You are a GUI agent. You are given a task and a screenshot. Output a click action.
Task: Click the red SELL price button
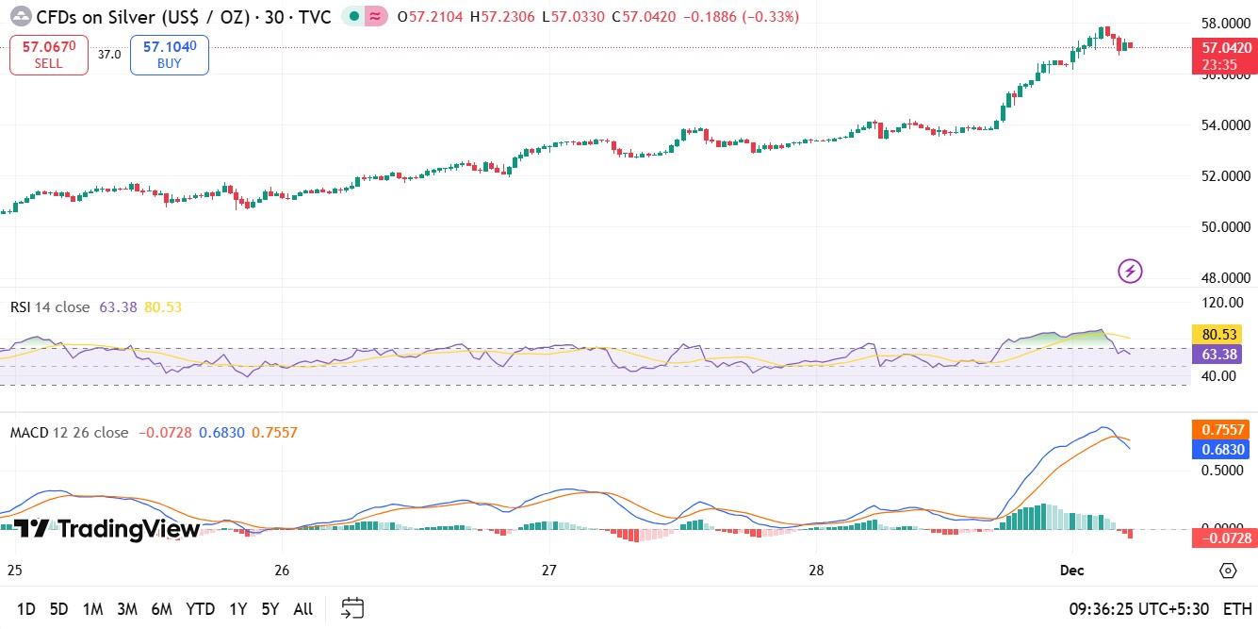49,55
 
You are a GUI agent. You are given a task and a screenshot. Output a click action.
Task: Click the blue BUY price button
170,55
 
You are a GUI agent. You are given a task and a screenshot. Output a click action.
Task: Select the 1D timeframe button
26,609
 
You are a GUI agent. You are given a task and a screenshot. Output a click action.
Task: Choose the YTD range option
200,609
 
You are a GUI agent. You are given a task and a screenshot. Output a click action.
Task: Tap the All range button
302,609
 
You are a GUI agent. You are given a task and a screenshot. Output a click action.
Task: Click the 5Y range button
270,609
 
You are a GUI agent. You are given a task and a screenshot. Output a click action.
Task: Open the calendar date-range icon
352,608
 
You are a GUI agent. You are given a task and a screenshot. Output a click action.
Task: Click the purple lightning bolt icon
1130,272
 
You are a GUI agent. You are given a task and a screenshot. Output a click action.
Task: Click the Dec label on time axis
1071,571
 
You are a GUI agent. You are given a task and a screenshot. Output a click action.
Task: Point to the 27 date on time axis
549,571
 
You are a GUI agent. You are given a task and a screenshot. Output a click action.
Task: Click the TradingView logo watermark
106,529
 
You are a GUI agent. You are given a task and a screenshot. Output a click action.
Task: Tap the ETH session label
1237,609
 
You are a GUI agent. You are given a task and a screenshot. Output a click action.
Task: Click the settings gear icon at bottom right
1228,571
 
